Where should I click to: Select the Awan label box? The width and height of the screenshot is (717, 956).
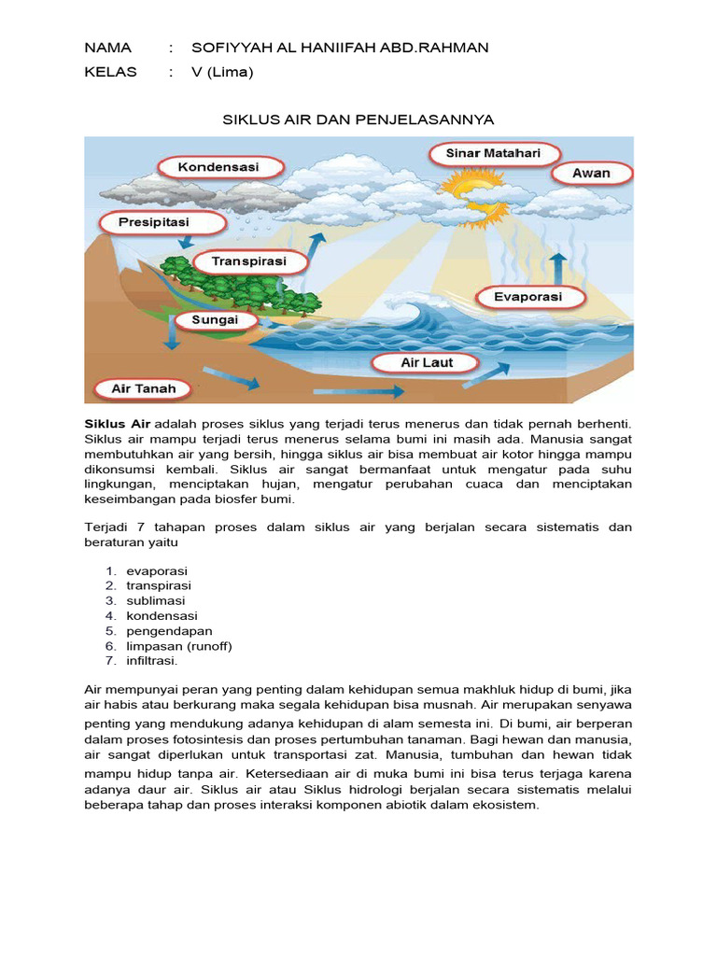coord(591,174)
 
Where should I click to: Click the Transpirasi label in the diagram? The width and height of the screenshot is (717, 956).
coord(248,261)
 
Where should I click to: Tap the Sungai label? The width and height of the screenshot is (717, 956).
coord(214,320)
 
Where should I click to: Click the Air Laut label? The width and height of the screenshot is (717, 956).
coord(426,362)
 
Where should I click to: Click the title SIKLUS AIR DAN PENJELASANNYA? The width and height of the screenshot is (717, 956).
coord(358,120)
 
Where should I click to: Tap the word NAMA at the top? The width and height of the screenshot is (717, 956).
coord(108,48)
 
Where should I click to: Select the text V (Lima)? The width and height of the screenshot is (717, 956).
coord(222,72)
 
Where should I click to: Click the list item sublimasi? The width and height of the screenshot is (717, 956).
coord(156,600)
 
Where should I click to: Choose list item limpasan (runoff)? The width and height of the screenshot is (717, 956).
coord(179,646)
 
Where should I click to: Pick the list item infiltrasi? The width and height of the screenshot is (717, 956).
coord(152,661)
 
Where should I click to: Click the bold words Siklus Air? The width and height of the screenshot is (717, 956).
coord(118,424)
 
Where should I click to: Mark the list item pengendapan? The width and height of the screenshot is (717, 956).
coord(169,631)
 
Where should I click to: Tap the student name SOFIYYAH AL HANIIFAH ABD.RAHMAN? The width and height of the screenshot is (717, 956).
coord(339,48)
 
